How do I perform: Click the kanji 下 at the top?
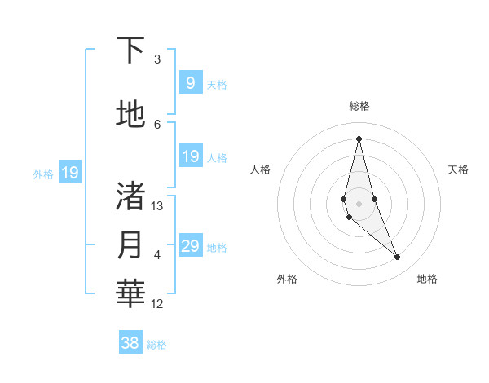131,51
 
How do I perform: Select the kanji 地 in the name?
131,115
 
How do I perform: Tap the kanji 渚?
131,196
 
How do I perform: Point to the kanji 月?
131,245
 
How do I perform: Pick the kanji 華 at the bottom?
131,294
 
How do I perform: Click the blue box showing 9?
190,83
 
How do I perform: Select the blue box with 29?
190,246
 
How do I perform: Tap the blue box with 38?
130,343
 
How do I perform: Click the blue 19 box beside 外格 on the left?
69,173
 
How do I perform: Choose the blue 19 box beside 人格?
190,156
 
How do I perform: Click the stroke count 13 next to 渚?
157,206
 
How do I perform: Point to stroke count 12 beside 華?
157,304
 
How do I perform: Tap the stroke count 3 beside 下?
157,59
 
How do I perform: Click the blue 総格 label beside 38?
156,345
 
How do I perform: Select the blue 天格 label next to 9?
217,84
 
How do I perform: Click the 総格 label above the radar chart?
359,106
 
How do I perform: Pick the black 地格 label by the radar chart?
427,279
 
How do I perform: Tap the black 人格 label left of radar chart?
260,169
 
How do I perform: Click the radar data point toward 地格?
398,258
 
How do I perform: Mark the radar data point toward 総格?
359,138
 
